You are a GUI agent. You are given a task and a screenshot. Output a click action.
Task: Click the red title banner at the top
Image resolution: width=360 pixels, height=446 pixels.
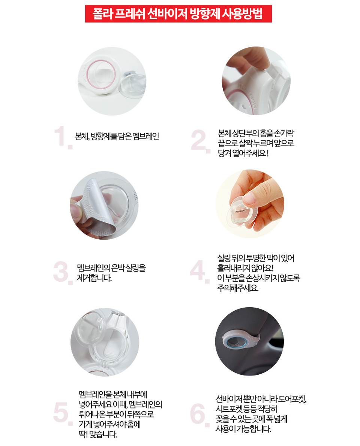178,14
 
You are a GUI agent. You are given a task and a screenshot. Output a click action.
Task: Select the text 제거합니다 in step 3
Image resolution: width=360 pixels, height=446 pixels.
94,278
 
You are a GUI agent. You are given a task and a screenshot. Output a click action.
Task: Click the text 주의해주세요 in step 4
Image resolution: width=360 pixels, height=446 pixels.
238,288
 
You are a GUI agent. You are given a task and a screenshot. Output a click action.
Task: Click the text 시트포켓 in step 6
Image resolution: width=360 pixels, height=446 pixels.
229,409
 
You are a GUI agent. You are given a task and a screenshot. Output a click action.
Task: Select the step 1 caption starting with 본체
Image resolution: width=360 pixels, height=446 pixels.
117,137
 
